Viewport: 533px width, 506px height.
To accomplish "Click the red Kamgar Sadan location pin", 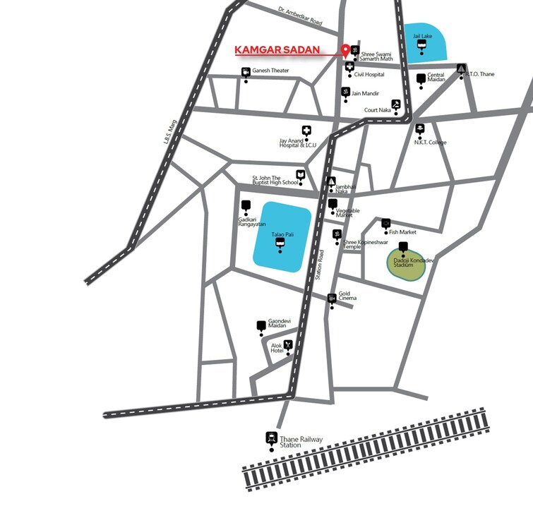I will click(345, 51).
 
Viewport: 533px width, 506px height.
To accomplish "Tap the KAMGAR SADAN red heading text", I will click(277, 51).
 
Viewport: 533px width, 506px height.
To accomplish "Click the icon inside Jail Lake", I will click(421, 44).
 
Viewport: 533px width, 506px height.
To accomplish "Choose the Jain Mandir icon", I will click(345, 92).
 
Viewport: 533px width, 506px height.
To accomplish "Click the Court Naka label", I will click(377, 110).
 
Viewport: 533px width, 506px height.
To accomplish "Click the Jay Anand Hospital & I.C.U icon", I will click(306, 131).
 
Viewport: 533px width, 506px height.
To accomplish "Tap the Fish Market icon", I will click(386, 224).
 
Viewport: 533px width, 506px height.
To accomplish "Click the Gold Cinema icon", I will click(332, 299).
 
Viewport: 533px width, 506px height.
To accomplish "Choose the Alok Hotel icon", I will click(288, 344).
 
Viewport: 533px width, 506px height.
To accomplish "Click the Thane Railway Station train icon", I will click(270, 437).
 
